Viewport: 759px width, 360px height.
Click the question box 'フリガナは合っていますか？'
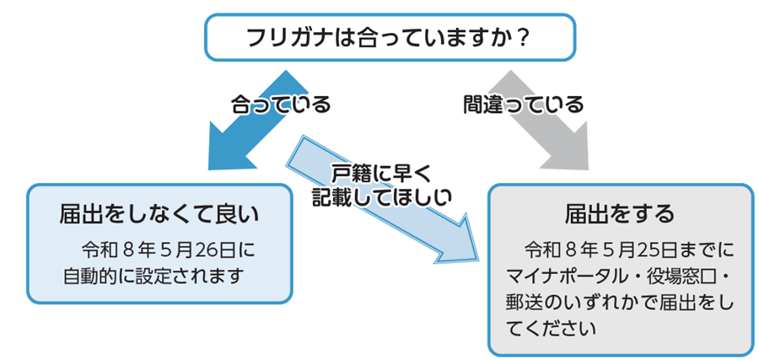coord(390,38)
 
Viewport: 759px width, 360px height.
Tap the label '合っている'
coord(281,105)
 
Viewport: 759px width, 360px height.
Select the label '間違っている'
coord(523,105)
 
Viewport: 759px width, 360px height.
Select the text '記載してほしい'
coord(381,198)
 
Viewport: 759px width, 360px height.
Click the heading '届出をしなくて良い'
coord(159,215)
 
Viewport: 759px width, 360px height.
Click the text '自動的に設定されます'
coord(153,277)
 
